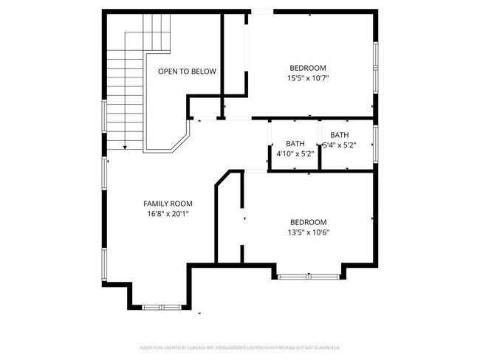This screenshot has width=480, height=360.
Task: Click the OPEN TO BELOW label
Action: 187,72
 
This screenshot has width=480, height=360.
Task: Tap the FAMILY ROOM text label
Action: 168,204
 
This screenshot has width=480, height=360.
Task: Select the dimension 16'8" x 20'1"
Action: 168,214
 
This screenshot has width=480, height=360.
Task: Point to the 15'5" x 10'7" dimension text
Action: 308,77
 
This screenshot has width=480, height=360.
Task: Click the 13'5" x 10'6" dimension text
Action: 309,232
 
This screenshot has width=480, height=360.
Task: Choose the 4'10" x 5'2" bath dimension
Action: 295,153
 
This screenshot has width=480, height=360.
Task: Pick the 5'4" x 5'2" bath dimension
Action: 340,145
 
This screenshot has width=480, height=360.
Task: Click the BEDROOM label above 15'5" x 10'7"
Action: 308,68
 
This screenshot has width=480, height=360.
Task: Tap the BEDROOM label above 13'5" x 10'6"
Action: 309,222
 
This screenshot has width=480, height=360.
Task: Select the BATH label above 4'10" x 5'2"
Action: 295,144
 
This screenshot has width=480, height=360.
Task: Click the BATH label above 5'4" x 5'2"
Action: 340,135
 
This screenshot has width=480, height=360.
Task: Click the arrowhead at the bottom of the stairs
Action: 125,148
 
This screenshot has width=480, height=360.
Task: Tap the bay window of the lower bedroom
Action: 309,277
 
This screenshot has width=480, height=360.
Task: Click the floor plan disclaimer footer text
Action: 240,347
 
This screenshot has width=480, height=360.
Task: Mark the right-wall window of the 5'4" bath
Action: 376,143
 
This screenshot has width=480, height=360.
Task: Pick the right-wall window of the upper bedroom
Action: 376,66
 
